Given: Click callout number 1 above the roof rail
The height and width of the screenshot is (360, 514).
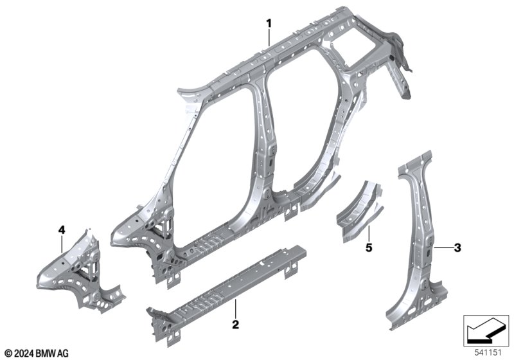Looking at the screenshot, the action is click(269, 24).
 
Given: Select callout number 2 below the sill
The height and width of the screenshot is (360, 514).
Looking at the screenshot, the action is click(235, 325).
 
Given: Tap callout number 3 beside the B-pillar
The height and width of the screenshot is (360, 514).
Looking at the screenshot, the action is click(457, 248).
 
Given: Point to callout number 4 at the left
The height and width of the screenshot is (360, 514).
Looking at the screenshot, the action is click(62, 230).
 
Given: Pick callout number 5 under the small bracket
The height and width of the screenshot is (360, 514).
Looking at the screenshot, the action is click(369, 248).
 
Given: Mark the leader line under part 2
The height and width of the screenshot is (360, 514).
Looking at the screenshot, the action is click(235, 309).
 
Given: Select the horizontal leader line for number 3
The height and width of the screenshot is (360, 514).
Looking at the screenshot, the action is click(443, 248).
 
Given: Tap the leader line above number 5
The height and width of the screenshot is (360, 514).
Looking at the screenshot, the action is click(369, 234).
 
